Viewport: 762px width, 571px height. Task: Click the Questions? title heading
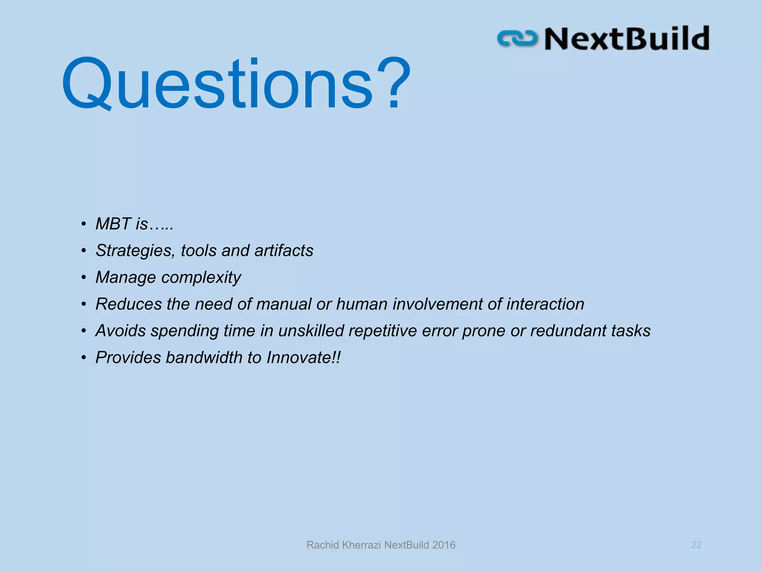click(x=236, y=84)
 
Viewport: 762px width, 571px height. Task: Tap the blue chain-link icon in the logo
click(x=517, y=39)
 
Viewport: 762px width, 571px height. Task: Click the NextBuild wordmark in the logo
click(x=627, y=39)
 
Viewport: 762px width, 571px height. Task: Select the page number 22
click(x=696, y=545)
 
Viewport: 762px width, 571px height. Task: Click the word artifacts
click(x=284, y=251)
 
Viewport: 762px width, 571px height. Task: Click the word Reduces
click(x=129, y=304)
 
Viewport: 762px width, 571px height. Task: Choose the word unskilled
click(x=311, y=331)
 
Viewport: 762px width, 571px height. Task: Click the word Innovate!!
click(x=303, y=358)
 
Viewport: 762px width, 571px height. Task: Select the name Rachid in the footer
click(x=322, y=545)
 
